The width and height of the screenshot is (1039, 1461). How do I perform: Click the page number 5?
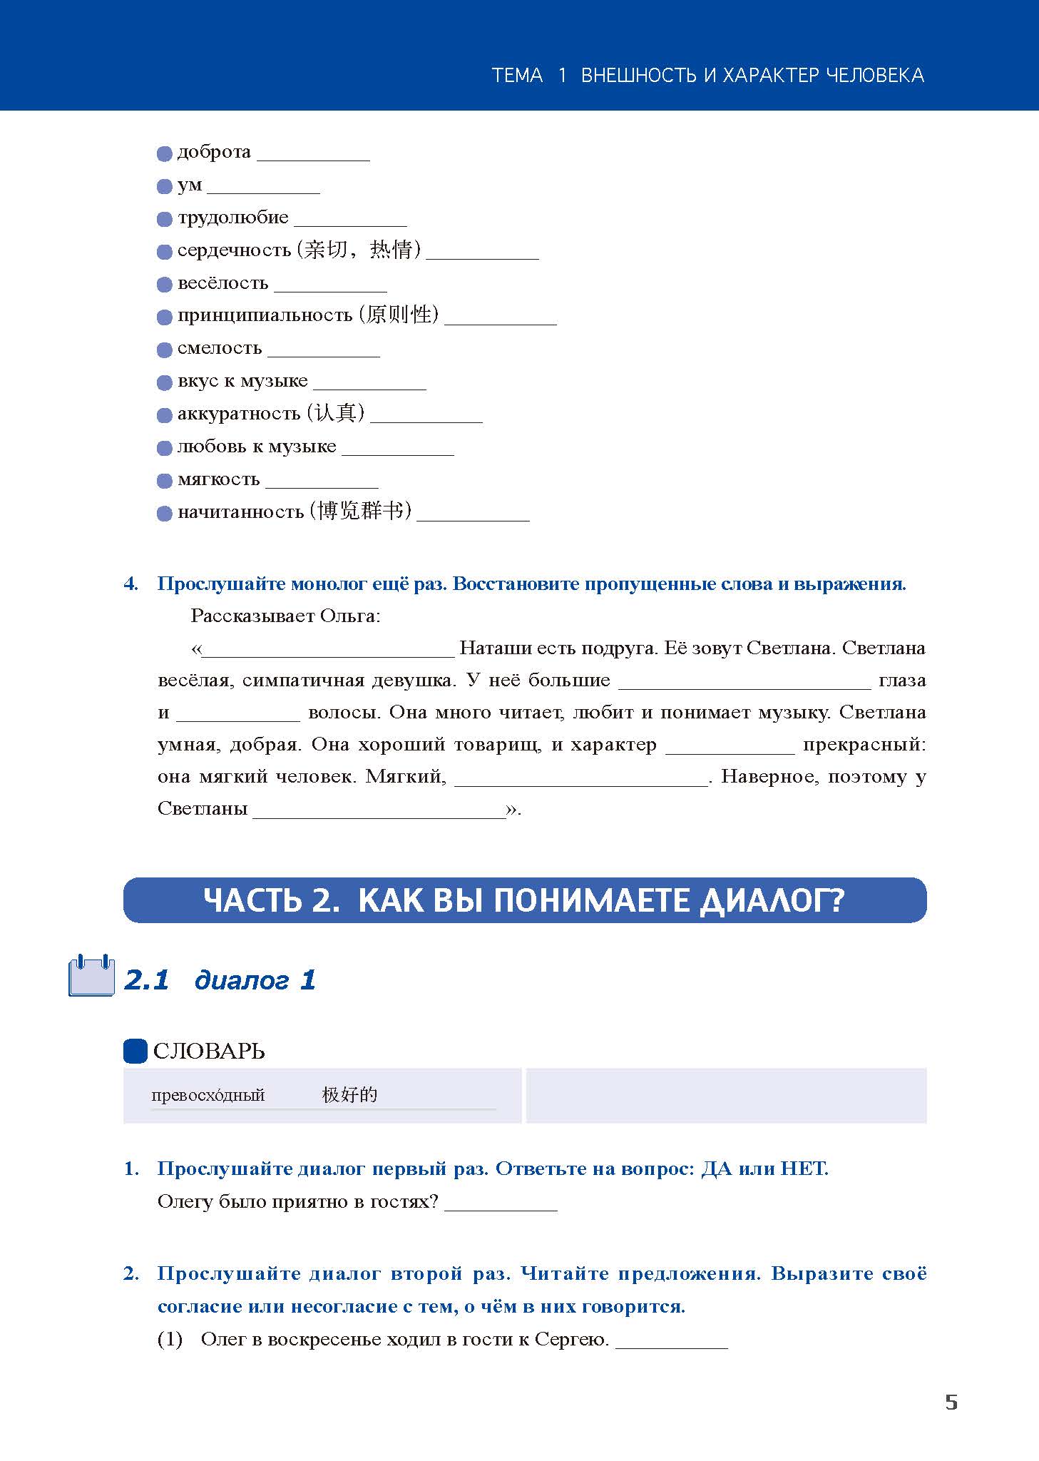(951, 1402)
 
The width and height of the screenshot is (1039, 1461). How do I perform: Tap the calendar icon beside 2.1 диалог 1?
(91, 976)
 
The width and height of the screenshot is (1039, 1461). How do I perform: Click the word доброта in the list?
(214, 152)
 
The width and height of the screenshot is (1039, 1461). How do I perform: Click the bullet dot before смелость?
(165, 350)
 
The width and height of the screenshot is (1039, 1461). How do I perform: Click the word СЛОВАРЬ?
(209, 1051)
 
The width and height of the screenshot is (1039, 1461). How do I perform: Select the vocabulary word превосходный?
(208, 1095)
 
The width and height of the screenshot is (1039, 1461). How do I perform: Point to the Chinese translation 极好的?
(349, 1095)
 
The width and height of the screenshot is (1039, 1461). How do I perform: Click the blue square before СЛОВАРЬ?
(135, 1051)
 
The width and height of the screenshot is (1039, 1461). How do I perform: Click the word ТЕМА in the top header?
(517, 75)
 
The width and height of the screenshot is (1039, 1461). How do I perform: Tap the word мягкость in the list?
(218, 479)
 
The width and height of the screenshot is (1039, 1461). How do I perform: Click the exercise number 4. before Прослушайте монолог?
(131, 584)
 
